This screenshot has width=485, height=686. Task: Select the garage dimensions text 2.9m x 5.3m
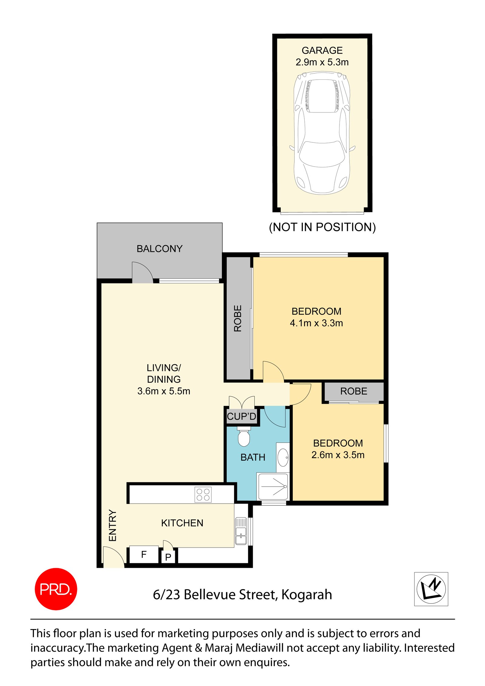tap(322, 62)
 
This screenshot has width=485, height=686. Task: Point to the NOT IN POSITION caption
tap(322, 227)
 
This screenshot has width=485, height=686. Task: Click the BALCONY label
tap(159, 248)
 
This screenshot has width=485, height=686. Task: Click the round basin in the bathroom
tap(283, 457)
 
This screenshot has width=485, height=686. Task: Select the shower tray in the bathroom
tap(273, 487)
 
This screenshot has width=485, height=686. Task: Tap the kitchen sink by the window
tap(241, 531)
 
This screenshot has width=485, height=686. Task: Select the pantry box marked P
tap(168, 557)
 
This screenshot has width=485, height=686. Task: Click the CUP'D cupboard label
tap(241, 416)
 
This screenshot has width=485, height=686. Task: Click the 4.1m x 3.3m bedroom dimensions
tap(316, 323)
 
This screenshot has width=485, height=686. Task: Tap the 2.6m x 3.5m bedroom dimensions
tap(338, 455)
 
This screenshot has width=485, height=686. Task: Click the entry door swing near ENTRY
tap(113, 557)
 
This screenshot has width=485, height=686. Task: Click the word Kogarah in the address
tap(306, 594)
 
